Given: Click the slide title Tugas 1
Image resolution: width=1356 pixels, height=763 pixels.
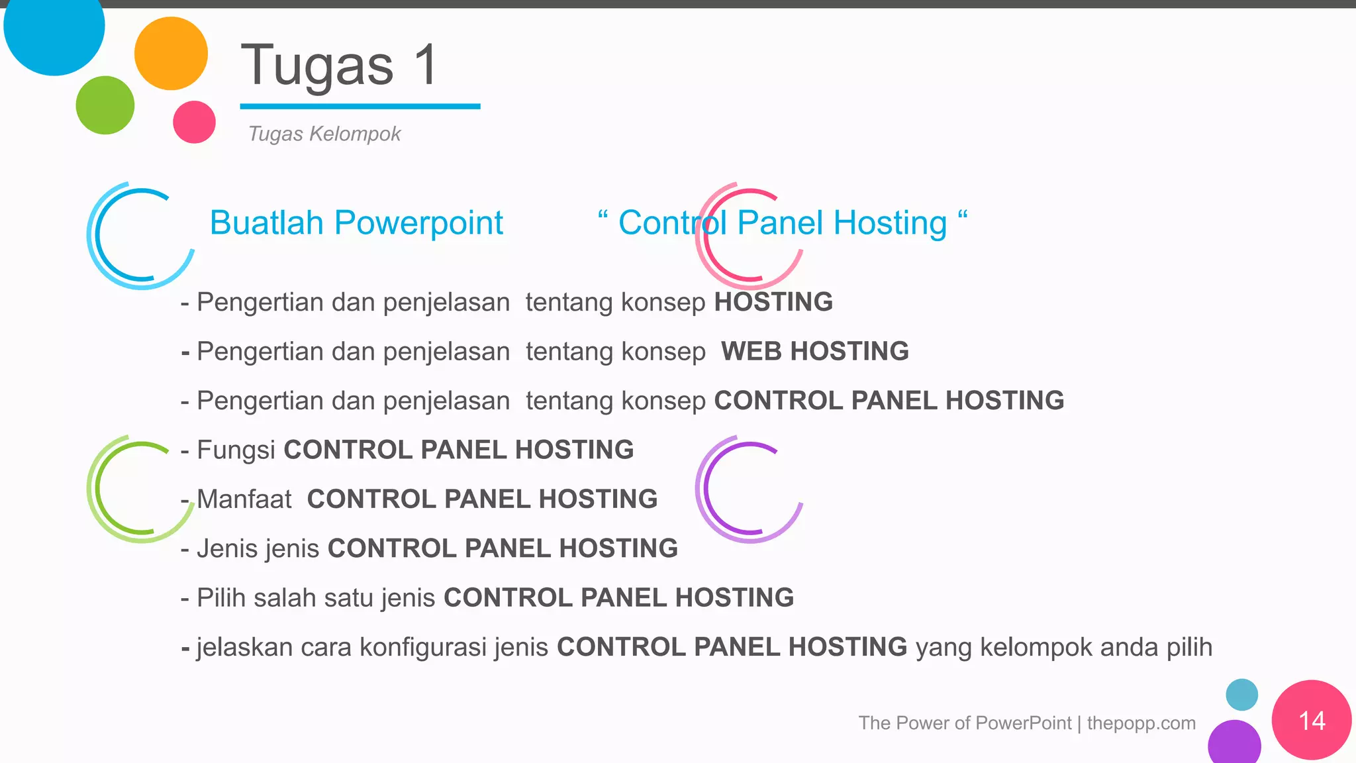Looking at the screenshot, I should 338,65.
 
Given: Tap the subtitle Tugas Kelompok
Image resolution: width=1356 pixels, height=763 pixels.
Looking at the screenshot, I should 324,134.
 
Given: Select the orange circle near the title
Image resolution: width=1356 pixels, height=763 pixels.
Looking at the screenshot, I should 171,54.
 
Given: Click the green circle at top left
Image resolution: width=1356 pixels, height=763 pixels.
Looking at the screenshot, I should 105,105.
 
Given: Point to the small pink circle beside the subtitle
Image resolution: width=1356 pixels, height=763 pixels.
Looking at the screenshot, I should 194,122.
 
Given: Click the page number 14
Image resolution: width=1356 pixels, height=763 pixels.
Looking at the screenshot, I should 1312,721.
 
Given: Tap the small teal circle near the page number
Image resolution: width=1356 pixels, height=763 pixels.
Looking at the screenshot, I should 1241,695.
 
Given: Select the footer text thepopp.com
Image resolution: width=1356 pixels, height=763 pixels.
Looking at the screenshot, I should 1141,723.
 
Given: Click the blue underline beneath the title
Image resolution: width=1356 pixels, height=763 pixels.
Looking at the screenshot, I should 360,106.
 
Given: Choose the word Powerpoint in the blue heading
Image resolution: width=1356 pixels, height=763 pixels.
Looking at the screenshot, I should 418,223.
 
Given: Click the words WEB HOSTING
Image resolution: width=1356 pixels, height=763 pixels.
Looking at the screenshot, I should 814,351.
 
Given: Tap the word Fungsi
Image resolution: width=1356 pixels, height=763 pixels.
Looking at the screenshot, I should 236,450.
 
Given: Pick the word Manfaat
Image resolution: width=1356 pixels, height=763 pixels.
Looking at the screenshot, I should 244,499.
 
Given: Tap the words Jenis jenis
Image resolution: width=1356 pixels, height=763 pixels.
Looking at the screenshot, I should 258,548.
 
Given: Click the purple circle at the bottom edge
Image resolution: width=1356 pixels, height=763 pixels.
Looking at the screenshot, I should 1234,743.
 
